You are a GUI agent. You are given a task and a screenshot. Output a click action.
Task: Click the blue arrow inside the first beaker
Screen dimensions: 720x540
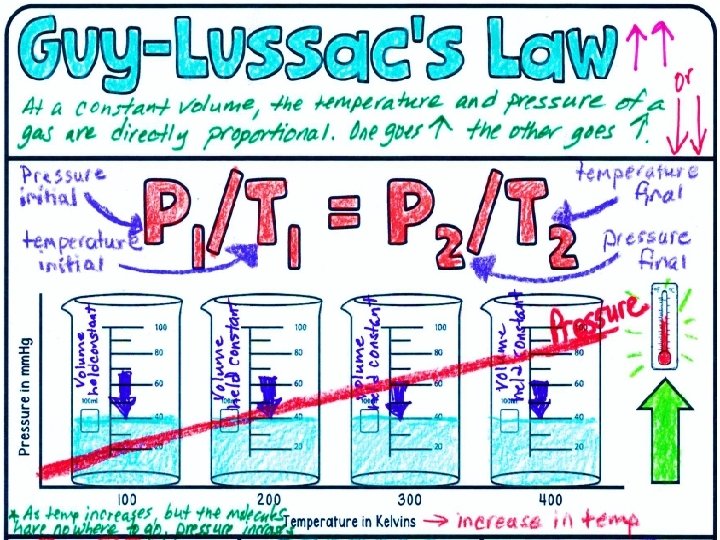coord(122,392)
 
